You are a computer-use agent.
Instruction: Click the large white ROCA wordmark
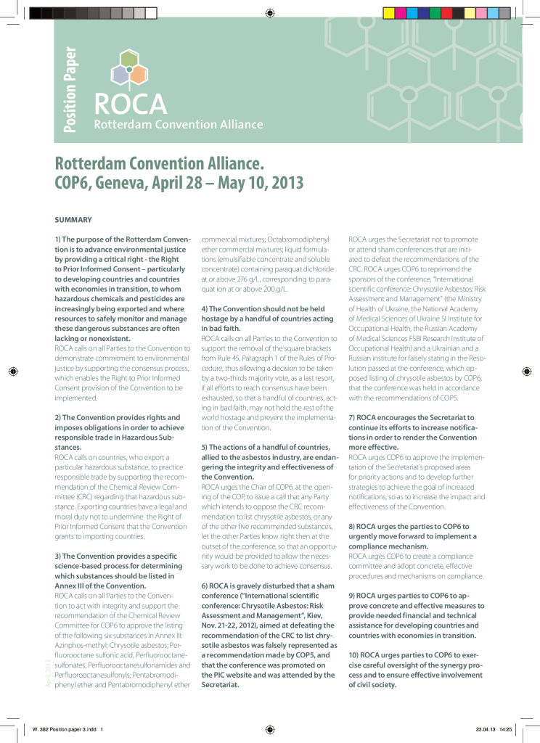click(131, 104)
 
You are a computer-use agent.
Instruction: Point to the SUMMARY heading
click(73, 218)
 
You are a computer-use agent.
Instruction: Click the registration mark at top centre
click(269, 12)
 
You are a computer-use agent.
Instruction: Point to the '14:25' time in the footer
click(506, 729)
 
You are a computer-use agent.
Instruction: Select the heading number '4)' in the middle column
click(205, 309)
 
